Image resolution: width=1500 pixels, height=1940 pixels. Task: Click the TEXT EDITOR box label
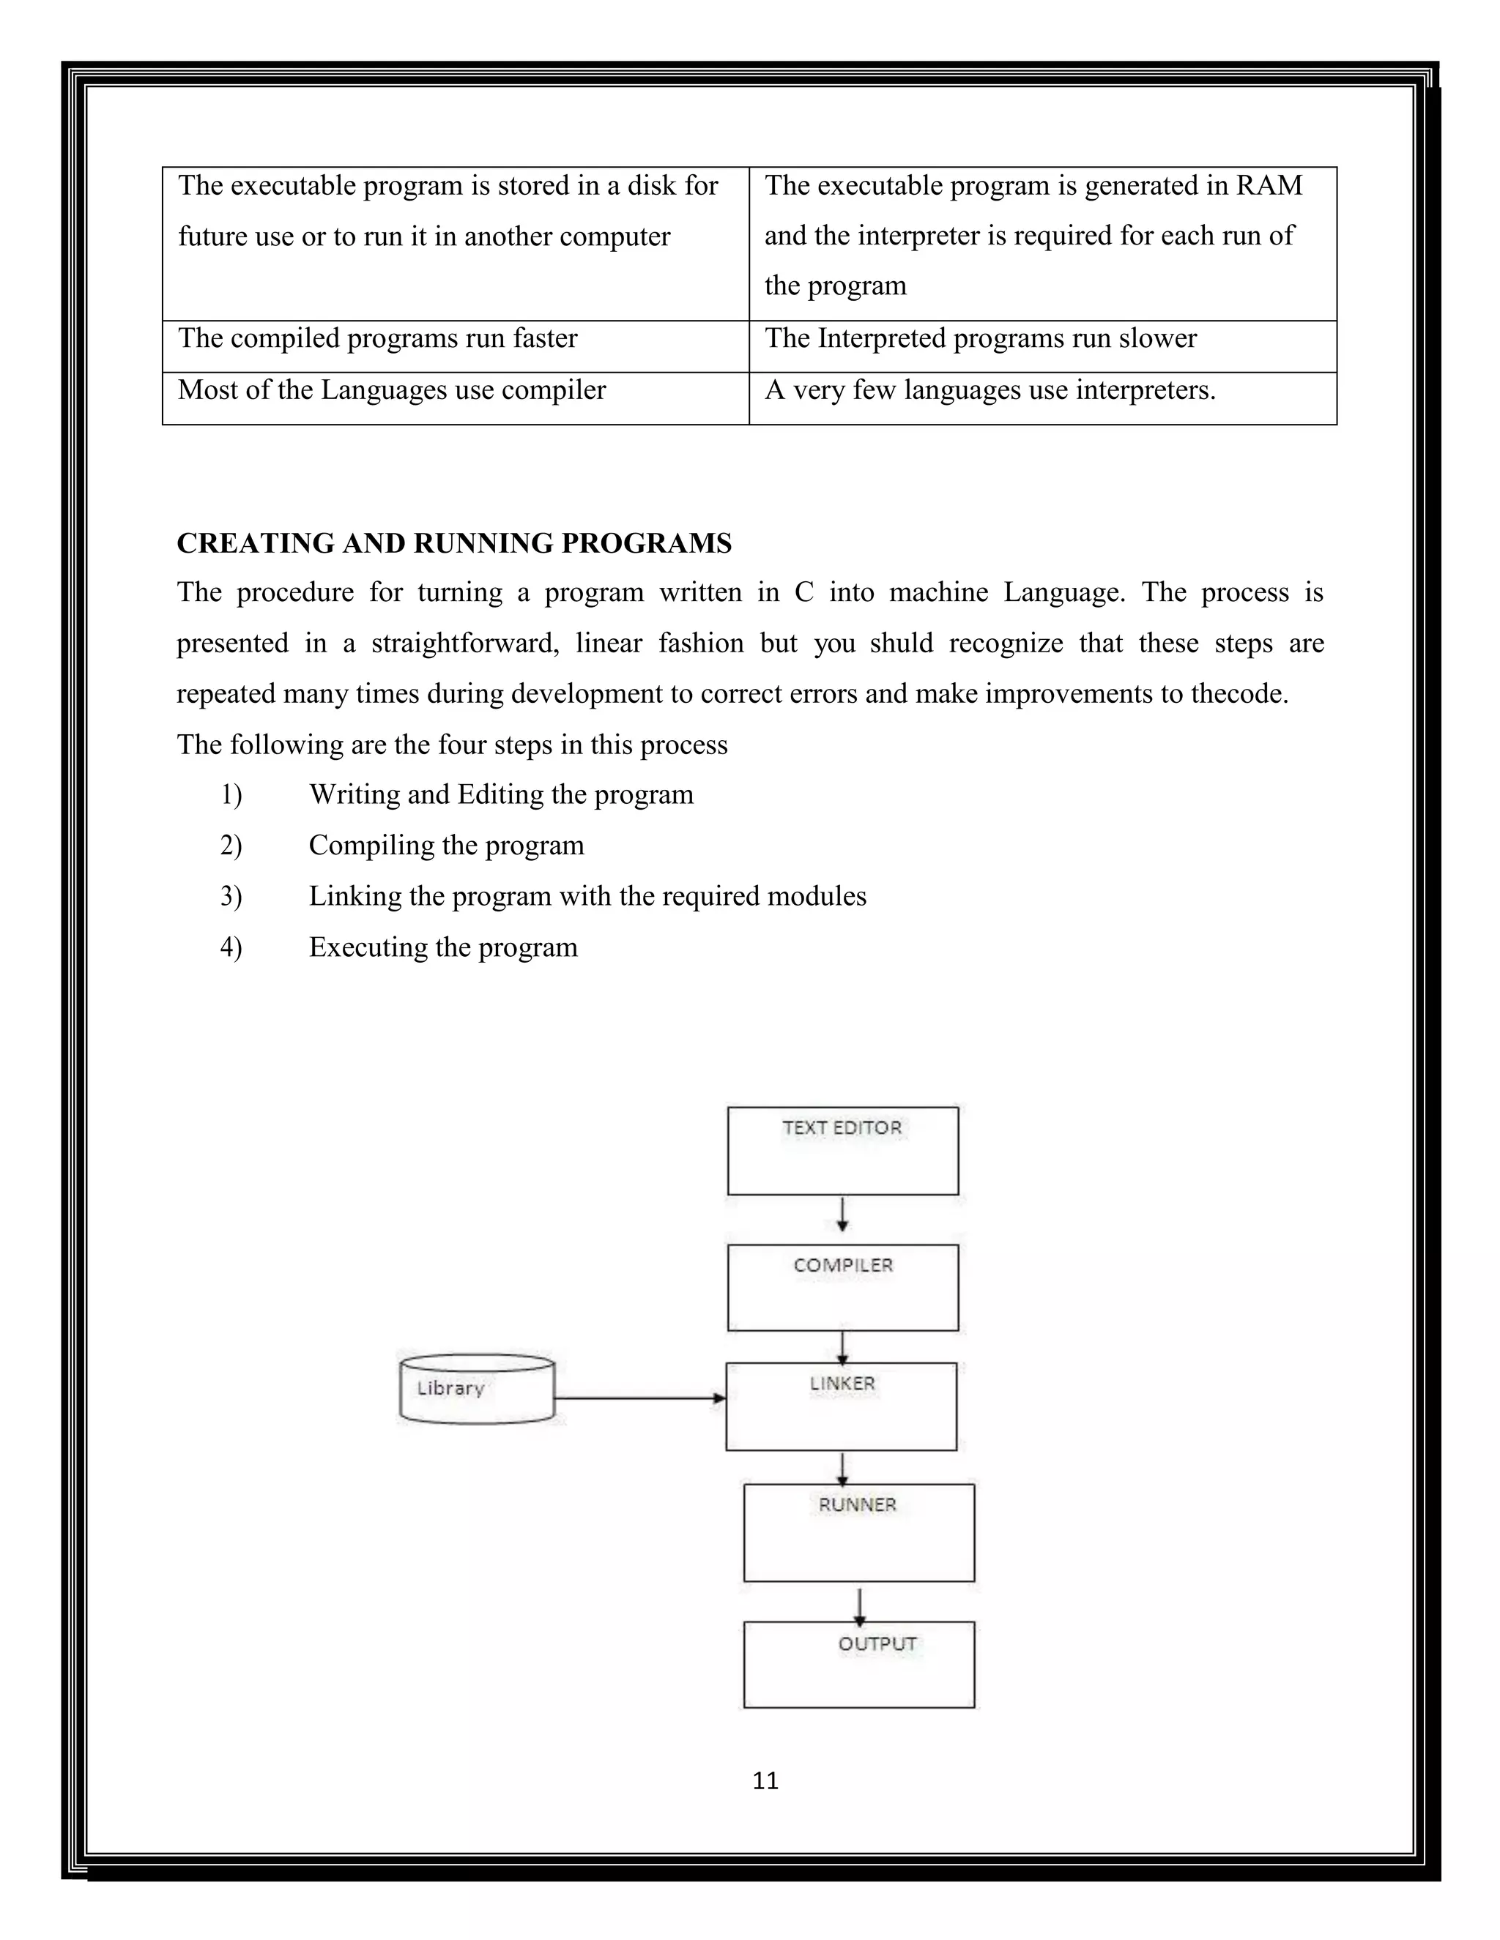[x=842, y=1127]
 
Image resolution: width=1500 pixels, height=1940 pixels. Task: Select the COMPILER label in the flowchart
[x=842, y=1265]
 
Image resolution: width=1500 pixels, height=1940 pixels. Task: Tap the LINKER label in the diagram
[x=842, y=1383]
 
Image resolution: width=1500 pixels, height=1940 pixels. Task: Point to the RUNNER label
[x=858, y=1504]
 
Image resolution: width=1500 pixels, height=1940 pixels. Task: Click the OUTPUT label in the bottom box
[x=877, y=1644]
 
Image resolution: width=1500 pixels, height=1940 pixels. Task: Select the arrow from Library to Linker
[x=640, y=1398]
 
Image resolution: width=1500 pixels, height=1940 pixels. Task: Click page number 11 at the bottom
[x=765, y=1781]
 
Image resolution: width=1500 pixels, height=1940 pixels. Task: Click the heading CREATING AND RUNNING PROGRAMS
[x=454, y=544]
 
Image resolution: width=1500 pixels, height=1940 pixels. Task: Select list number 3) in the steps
[x=231, y=896]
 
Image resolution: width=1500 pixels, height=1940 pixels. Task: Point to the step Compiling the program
[x=446, y=845]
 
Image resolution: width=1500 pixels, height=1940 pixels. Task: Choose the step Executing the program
[x=442, y=947]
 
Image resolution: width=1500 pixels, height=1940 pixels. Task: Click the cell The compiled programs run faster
[x=378, y=338]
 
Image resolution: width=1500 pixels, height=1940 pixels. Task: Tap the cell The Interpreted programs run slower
[x=980, y=338]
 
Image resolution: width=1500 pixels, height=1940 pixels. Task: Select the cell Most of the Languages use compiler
[x=392, y=390]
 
